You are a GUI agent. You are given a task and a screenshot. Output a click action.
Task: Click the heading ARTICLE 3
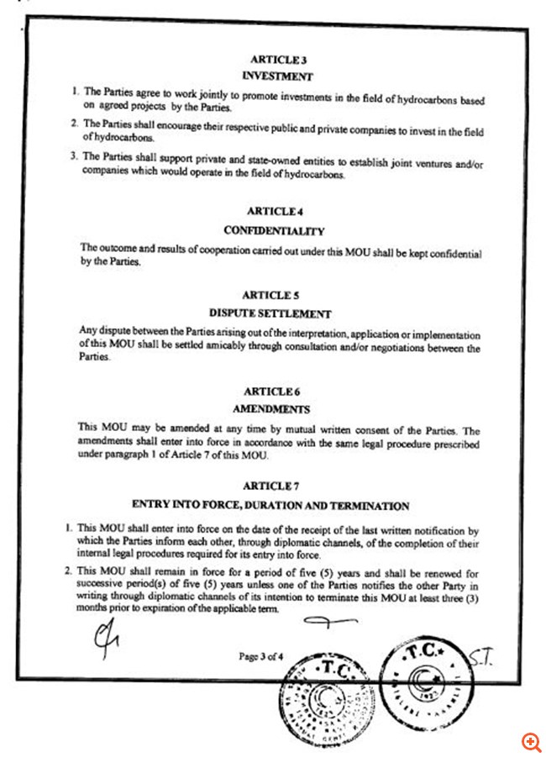(x=274, y=60)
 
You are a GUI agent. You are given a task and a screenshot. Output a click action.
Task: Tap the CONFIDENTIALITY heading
(x=274, y=229)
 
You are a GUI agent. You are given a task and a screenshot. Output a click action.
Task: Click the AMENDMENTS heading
(x=270, y=409)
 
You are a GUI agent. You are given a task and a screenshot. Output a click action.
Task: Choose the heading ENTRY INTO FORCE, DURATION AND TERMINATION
(x=270, y=505)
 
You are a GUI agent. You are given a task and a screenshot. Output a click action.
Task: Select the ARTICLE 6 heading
(x=270, y=392)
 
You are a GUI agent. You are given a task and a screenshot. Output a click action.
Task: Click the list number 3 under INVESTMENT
(x=74, y=155)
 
